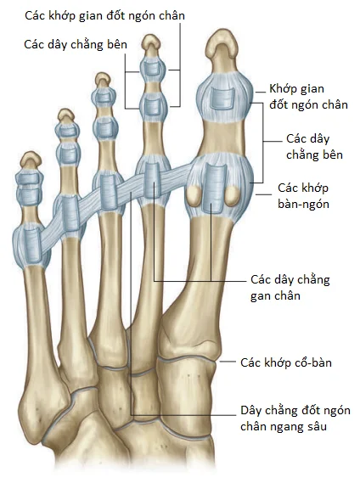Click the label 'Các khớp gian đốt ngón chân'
[x=104, y=16]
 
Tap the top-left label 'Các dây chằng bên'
[x=76, y=45]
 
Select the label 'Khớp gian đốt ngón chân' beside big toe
[x=308, y=97]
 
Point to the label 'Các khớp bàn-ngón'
[x=303, y=196]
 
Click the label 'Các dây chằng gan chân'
[x=290, y=288]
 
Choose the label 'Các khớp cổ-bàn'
[x=286, y=362]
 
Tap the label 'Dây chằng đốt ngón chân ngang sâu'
[x=295, y=418]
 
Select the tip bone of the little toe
[x=31, y=161]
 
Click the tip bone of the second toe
[x=151, y=46]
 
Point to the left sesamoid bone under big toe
[x=194, y=196]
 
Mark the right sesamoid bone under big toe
[x=233, y=196]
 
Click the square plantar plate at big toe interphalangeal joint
[x=222, y=98]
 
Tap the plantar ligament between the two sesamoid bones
[x=215, y=188]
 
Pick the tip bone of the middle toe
[x=103, y=81]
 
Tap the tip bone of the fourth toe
[x=65, y=117]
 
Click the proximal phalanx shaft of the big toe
[x=222, y=138]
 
